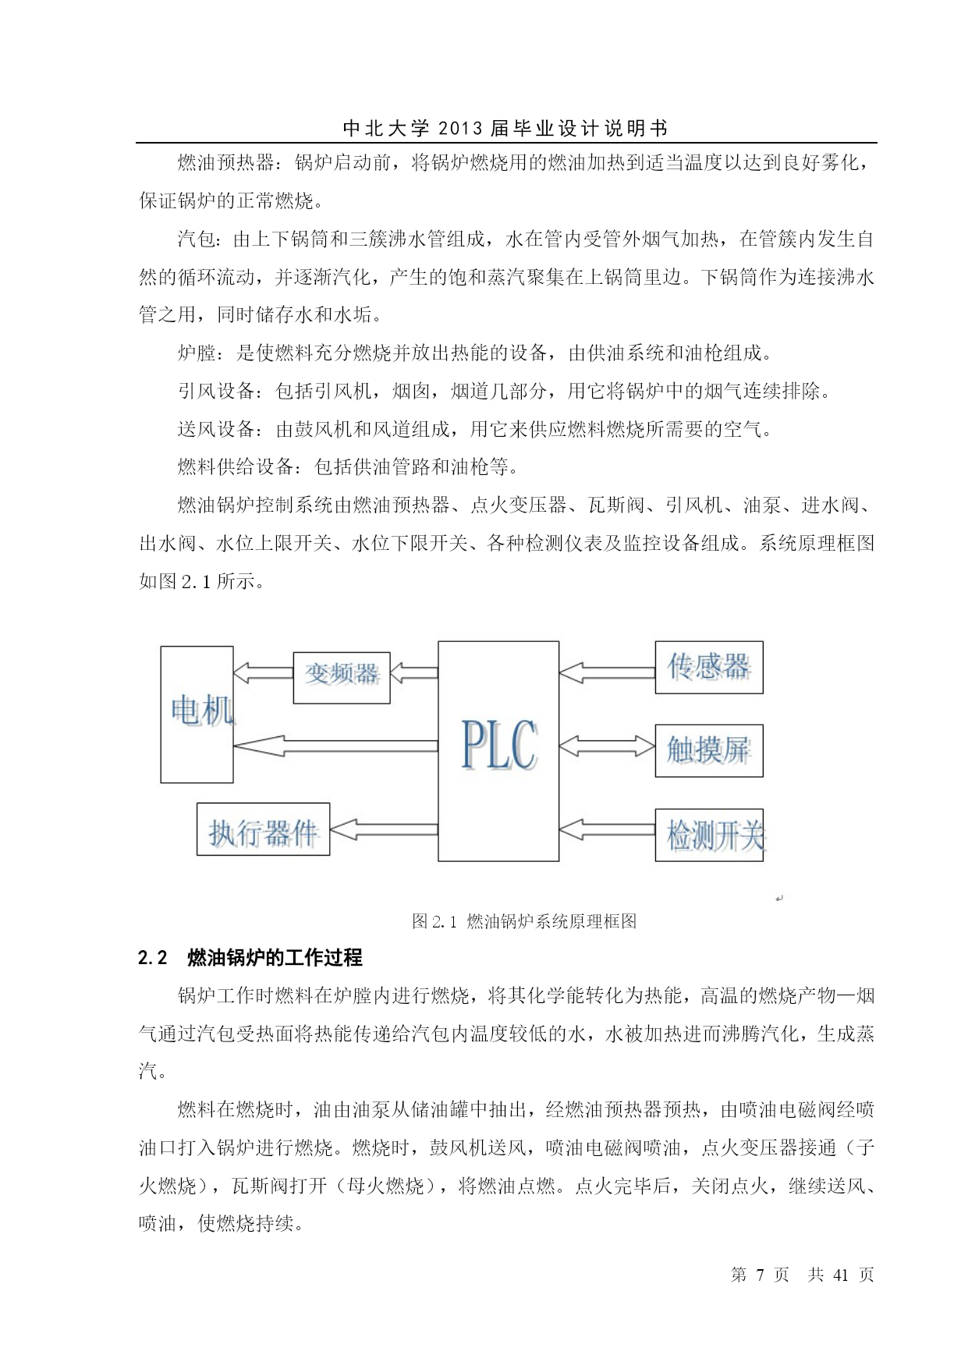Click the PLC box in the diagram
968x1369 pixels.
498,750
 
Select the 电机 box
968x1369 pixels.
197,714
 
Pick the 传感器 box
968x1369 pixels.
708,667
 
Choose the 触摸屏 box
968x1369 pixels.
708,750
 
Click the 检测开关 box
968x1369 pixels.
708,835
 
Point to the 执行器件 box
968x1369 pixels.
263,829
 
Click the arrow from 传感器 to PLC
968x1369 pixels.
607,670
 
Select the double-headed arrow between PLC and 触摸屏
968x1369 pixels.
607,747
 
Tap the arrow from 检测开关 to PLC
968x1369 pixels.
607,829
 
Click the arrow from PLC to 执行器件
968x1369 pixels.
384,828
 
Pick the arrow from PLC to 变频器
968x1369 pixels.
413,672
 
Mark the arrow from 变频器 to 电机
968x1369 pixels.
263,672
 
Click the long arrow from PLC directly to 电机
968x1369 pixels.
335,746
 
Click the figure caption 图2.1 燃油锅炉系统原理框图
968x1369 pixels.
524,921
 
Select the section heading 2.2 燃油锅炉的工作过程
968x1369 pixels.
250,958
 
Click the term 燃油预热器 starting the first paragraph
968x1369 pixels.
225,163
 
